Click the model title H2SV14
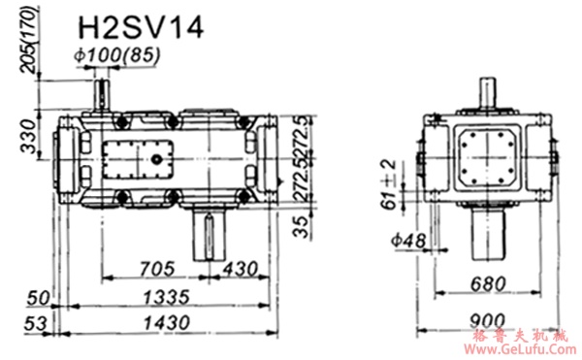coord(141,27)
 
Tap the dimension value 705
coord(157,268)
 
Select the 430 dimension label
coord(240,269)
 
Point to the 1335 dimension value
coord(167,297)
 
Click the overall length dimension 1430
coord(167,322)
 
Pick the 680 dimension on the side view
coord(488,284)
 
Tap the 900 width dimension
coord(487,321)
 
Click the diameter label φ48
coord(408,241)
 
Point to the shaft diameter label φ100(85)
coord(117,55)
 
